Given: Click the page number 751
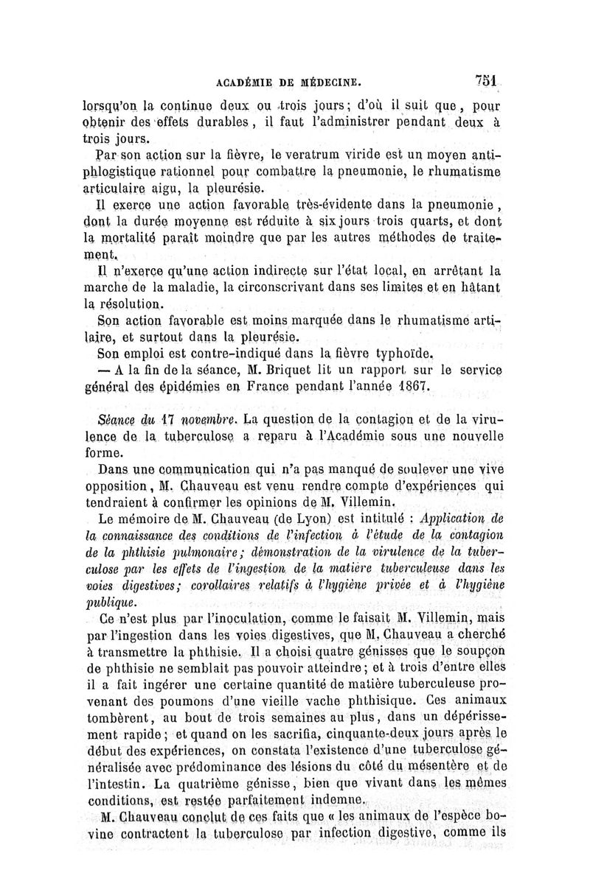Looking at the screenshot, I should coord(489,79).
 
